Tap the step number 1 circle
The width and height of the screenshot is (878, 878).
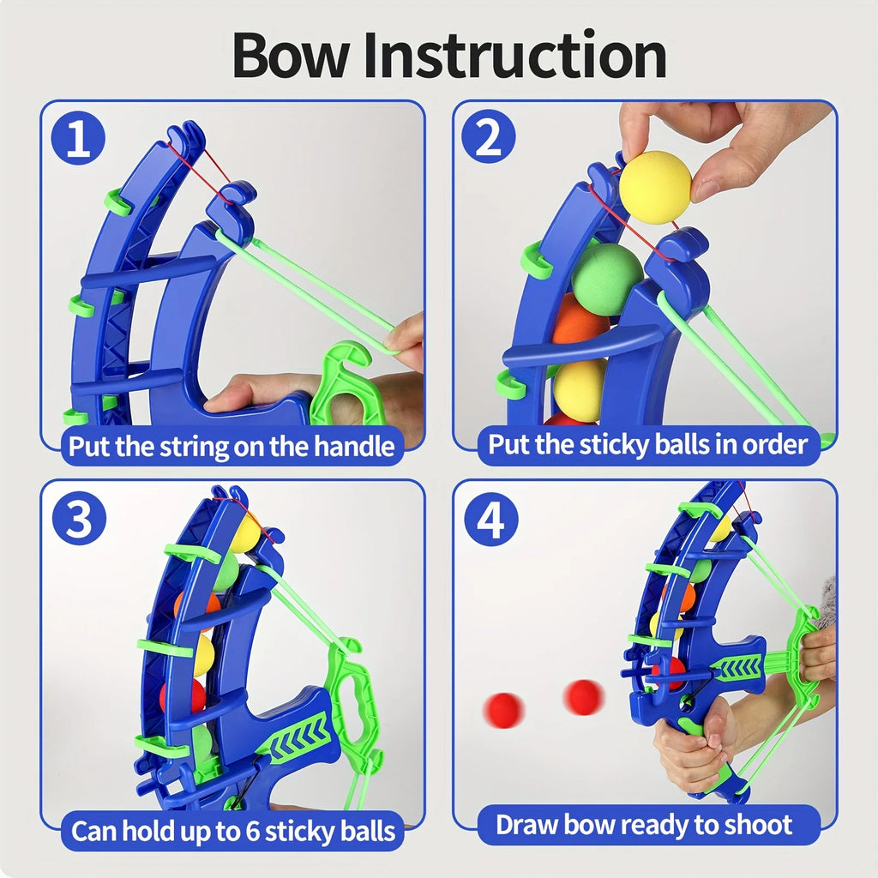point(78,140)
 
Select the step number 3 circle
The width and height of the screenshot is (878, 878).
point(78,520)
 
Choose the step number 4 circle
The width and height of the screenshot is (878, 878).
point(490,520)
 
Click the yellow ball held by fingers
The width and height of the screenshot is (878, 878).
point(655,187)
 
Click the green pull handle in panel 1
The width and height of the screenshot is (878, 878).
point(347,382)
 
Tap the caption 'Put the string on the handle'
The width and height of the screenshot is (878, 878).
point(232,446)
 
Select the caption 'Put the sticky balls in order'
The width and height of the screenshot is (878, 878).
point(648,445)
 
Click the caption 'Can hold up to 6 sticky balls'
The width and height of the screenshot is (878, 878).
point(232,830)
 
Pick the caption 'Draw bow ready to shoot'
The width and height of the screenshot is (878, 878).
point(644,825)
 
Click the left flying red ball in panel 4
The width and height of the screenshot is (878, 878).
point(503,710)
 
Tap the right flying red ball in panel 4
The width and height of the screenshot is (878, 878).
point(583,697)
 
